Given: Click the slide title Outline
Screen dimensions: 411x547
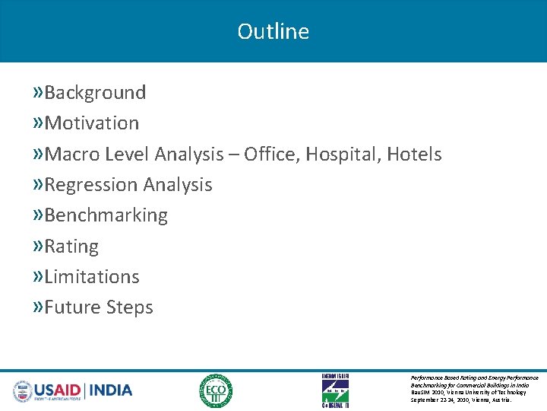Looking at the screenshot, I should coord(273,31).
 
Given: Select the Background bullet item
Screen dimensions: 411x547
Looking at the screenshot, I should coord(95,93).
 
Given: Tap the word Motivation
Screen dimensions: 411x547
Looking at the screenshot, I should coord(92,123).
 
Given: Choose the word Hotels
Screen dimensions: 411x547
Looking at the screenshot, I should coord(414,155).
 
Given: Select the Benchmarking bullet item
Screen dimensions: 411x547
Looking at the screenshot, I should coord(106,215).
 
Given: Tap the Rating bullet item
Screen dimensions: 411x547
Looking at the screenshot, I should coord(71,247).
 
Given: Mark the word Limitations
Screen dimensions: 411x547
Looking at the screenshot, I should coord(92,277).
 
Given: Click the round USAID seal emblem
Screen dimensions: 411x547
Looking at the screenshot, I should coord(23,390).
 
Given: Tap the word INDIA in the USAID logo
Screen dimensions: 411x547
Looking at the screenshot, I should coord(111,390).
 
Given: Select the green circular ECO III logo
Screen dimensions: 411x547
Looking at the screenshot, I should coord(216,390).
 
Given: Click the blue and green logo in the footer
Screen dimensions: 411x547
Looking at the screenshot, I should coord(335,390).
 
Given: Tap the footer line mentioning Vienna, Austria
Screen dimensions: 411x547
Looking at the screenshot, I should coord(460,400).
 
